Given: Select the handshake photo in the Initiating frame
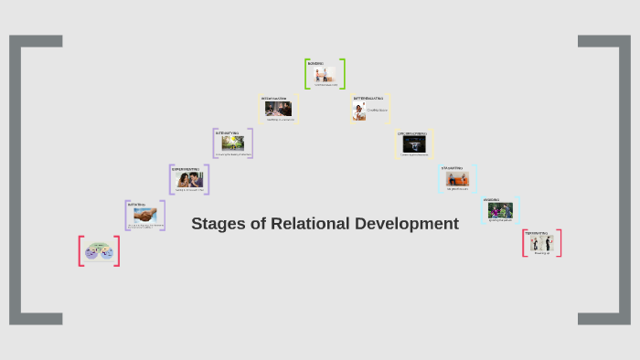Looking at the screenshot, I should coord(144,216).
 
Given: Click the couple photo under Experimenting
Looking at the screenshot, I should coord(189,180).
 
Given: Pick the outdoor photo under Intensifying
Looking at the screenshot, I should coord(232,143).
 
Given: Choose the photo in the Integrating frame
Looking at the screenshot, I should coord(278,109).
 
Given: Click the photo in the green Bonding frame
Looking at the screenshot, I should coord(325,75).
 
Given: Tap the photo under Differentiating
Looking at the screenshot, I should coord(359,109).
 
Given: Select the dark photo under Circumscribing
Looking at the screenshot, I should coord(414,144).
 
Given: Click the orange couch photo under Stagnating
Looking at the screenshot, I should coord(457,179).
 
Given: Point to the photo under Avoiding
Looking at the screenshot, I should coord(500,210).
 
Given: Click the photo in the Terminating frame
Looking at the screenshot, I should coord(542,243).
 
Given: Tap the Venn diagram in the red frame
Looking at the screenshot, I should coord(99,251).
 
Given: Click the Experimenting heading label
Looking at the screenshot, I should coord(186,168).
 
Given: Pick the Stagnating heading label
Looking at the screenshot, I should coord(452,168).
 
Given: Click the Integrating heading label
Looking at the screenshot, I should coord(274,97).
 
